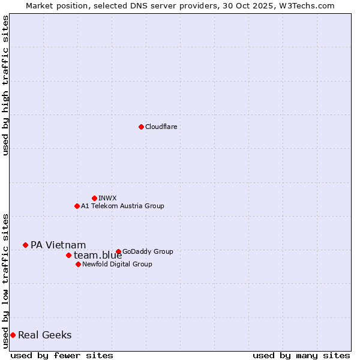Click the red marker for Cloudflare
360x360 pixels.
click(141, 127)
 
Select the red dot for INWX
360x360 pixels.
click(94, 198)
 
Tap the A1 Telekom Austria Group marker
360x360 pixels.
click(77, 206)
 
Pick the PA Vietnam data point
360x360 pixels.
click(25, 245)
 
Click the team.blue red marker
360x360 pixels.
click(68, 255)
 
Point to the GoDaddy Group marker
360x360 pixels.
click(118, 251)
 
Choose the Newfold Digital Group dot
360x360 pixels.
click(78, 264)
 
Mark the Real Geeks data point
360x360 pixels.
click(13, 335)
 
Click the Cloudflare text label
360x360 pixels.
click(161, 127)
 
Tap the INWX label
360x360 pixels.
click(107, 198)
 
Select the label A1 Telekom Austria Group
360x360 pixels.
click(122, 206)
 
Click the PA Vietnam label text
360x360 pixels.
click(58, 245)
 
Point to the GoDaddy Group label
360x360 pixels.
click(148, 251)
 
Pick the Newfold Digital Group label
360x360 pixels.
click(117, 264)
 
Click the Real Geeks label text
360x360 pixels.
click(44, 335)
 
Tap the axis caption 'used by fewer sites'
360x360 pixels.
click(62, 355)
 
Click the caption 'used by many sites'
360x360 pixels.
click(301, 355)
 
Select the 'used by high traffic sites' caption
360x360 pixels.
click(5, 85)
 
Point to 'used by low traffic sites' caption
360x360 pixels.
click(5, 280)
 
